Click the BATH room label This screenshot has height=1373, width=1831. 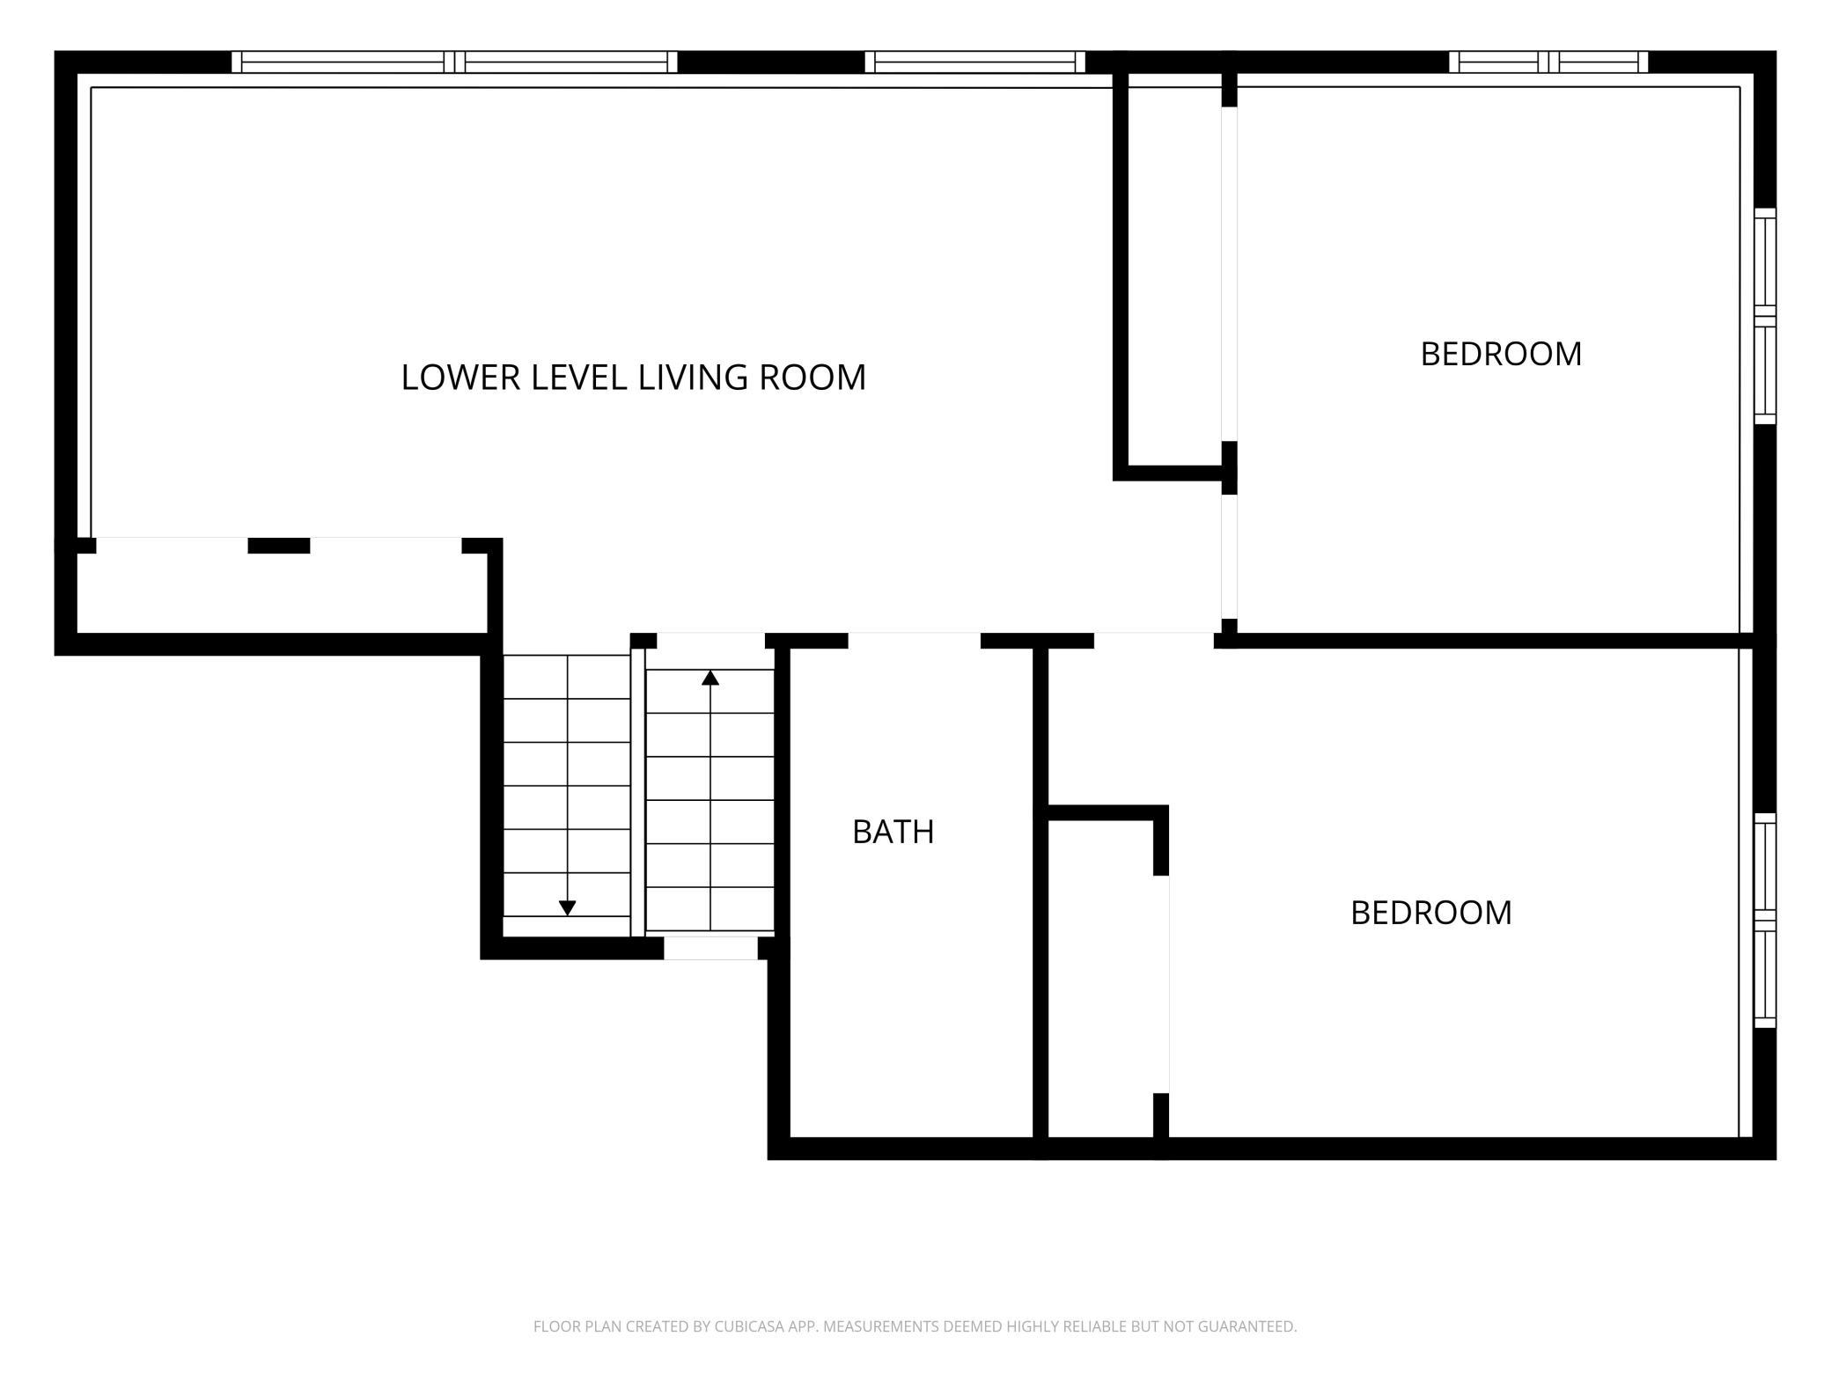point(893,832)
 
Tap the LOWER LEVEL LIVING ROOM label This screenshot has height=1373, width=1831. point(634,378)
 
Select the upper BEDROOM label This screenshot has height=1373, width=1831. point(1501,354)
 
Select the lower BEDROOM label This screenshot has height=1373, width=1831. point(1431,913)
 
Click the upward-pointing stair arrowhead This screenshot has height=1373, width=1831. point(710,678)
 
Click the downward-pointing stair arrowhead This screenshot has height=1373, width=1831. point(568,907)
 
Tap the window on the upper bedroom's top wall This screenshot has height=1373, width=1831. point(1548,62)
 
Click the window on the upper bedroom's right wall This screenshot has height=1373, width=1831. point(1765,316)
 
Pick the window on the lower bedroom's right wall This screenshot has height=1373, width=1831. point(1765,921)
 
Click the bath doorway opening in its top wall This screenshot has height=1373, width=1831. point(915,640)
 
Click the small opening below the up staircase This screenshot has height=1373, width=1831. point(710,948)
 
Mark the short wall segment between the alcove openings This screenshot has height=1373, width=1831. point(279,546)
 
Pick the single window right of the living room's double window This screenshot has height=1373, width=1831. point(975,62)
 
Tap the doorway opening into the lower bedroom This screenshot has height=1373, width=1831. point(1154,640)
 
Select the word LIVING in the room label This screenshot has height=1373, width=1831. point(694,378)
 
